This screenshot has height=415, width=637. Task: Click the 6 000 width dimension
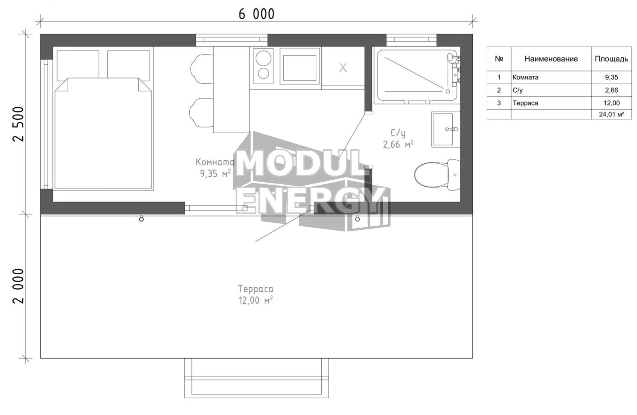click(256, 14)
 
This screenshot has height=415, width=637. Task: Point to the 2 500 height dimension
click(19, 124)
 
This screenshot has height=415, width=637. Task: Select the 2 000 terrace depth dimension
click(19, 286)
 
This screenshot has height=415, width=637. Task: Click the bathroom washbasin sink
click(446, 129)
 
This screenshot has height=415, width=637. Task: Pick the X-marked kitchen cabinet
click(343, 68)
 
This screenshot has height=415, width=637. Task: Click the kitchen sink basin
click(300, 66)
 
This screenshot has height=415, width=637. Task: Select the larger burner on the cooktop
click(263, 58)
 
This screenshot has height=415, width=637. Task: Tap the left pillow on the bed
click(78, 65)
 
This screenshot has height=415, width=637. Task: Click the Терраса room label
click(255, 289)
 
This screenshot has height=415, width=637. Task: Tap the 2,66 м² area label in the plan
click(398, 144)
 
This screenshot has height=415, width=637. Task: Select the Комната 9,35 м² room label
click(215, 168)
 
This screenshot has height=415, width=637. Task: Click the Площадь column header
click(611, 59)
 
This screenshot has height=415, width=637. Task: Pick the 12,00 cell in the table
click(611, 103)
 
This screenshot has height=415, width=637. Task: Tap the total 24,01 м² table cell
click(611, 114)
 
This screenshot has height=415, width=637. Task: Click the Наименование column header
click(551, 59)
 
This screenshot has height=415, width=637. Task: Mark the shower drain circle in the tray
click(448, 91)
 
